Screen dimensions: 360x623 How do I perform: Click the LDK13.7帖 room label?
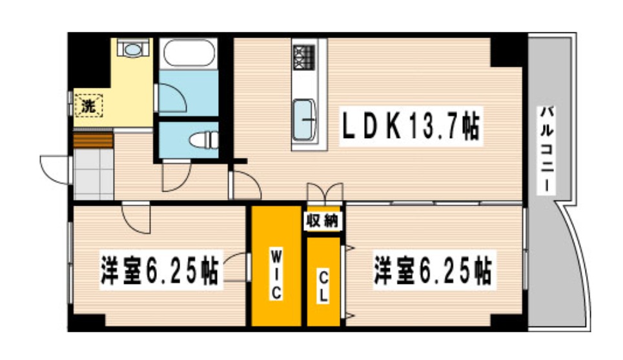(410, 128)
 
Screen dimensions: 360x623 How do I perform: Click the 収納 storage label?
(322, 221)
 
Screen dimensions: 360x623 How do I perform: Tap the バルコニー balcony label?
(546, 149)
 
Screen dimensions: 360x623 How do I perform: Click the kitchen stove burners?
(303, 56)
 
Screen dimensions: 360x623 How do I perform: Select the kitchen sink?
(304, 119)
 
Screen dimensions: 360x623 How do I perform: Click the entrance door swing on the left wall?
(54, 169)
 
